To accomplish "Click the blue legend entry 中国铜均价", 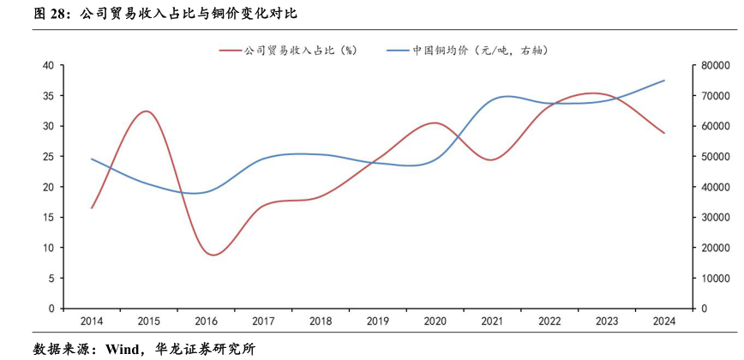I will [x=479, y=51].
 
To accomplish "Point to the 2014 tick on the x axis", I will [x=92, y=321].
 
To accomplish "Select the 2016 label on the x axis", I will [x=206, y=321].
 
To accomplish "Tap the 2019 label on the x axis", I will [x=378, y=321].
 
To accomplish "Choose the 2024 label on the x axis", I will [x=663, y=321].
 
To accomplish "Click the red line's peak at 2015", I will [x=147, y=111].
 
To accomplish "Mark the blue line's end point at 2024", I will [x=664, y=81].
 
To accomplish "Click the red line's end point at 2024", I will [x=664, y=133].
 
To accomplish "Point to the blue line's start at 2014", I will [x=92, y=159].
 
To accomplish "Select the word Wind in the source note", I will [x=123, y=349].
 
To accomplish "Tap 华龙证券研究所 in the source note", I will [x=205, y=349].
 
